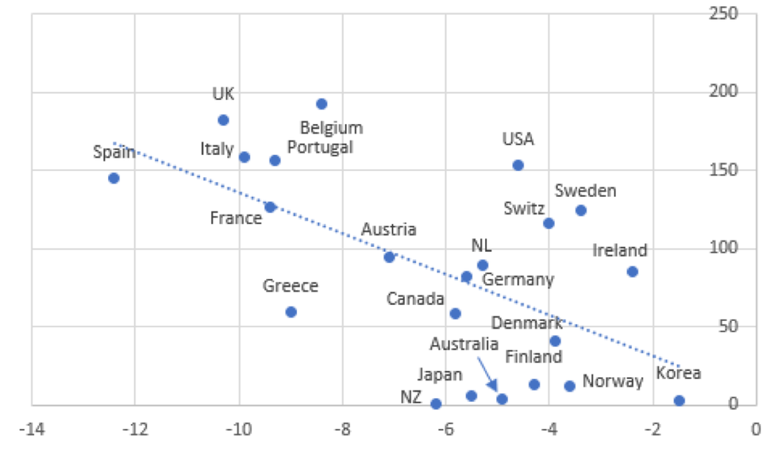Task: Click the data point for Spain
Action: tap(114, 178)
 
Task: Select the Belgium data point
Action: tap(322, 104)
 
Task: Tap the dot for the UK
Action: tap(223, 120)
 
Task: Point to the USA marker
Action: tap(518, 165)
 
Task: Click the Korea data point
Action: tap(679, 401)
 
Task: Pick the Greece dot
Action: tap(291, 312)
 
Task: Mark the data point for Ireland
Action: tap(632, 272)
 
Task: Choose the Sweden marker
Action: tap(580, 211)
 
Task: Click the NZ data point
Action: tap(435, 404)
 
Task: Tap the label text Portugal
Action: tap(320, 148)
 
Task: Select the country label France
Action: tap(236, 218)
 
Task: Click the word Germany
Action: tap(518, 280)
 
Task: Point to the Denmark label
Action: tap(526, 323)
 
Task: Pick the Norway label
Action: tap(612, 381)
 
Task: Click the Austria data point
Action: tap(389, 257)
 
